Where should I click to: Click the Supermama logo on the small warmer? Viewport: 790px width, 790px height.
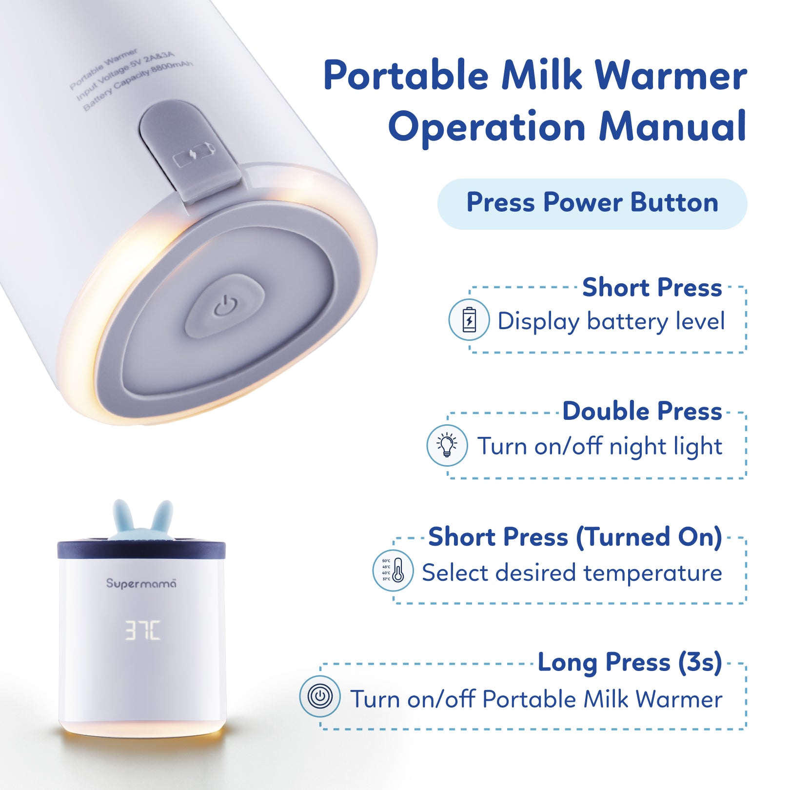[x=141, y=583]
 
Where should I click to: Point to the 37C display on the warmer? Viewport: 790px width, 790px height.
[x=142, y=630]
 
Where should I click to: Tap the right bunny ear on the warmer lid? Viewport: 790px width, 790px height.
[x=163, y=517]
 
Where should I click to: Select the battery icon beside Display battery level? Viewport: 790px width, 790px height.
[x=469, y=320]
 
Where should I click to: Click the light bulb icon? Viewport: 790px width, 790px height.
[x=447, y=445]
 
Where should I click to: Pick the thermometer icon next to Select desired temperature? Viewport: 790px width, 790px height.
[x=393, y=571]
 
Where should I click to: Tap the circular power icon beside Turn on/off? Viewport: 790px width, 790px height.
[x=320, y=696]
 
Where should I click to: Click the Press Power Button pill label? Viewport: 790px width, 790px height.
[x=592, y=203]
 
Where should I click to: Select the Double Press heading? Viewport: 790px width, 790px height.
[x=642, y=411]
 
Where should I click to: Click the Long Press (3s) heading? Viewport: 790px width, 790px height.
[x=630, y=662]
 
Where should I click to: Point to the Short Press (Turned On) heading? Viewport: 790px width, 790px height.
[x=575, y=537]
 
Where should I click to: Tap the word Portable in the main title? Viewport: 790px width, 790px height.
[x=406, y=76]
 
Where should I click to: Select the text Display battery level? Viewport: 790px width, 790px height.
[x=611, y=321]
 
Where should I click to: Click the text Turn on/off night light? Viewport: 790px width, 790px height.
[x=599, y=446]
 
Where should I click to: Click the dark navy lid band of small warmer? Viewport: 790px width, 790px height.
[x=141, y=550]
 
